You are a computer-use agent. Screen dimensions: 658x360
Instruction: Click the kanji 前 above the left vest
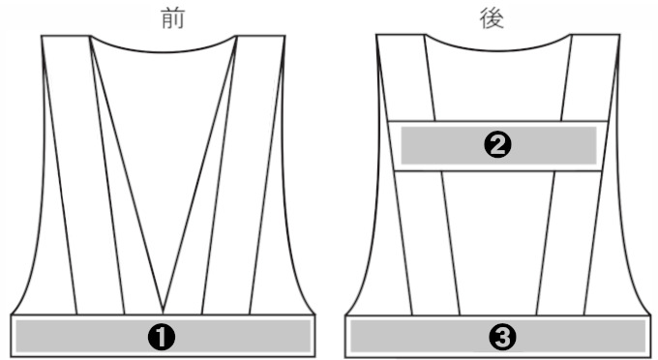click(x=172, y=18)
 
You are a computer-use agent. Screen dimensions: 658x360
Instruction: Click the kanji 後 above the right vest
click(x=493, y=18)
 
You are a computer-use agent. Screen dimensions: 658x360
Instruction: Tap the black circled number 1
click(x=162, y=336)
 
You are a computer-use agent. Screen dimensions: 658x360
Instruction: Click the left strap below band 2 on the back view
click(x=428, y=242)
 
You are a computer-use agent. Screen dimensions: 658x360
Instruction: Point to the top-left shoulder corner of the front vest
click(x=43, y=38)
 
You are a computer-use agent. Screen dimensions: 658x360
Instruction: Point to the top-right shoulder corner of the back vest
click(x=616, y=38)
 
